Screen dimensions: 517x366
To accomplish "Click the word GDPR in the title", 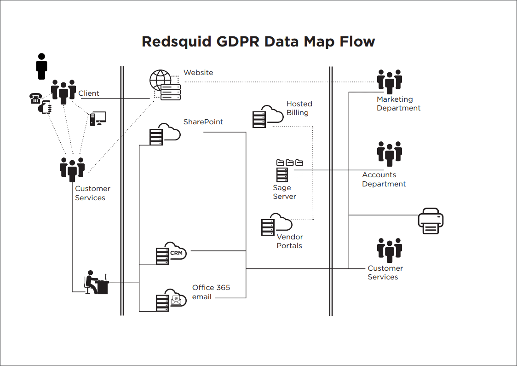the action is point(237,41).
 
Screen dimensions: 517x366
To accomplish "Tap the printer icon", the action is point(431,221).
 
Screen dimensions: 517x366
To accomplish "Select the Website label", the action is point(198,73).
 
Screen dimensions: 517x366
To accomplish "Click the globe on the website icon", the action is point(160,80).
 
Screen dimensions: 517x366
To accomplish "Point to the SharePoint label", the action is point(203,122).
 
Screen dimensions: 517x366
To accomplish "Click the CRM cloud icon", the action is point(171,253).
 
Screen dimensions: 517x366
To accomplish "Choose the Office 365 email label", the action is point(211,292).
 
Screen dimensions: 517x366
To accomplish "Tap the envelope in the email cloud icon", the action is point(177,300).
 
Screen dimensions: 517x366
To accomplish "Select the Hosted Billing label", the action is point(299,108).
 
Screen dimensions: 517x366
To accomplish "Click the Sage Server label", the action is point(285,192).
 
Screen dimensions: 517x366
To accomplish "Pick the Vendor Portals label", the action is point(290,241).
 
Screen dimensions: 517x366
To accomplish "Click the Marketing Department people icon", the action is point(390,82).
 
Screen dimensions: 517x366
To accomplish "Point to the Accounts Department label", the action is point(384,179).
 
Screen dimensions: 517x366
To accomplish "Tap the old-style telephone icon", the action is point(35,99).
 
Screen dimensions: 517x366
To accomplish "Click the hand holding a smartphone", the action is point(45,108).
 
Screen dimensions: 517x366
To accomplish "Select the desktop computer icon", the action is point(98,119).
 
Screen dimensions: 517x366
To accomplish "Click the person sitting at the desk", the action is point(96,283).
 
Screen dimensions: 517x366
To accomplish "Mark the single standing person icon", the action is point(41,66).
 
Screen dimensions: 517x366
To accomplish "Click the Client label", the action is point(89,93).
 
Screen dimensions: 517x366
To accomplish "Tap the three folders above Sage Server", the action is point(290,163).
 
